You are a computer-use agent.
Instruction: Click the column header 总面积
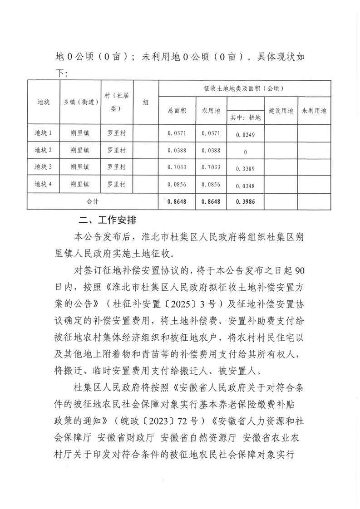tap(176, 111)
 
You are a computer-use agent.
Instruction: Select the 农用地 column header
tap(211, 111)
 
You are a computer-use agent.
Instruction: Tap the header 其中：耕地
tap(245, 118)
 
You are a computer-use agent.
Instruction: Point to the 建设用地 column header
tap(281, 111)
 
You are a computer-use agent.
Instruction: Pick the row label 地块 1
tap(44, 133)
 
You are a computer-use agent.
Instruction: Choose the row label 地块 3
tap(44, 167)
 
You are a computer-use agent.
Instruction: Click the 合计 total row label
tap(93, 200)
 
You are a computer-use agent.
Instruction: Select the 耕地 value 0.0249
tap(245, 135)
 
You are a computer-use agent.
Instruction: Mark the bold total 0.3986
tap(245, 202)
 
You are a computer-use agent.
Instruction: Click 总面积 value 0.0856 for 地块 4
tap(176, 185)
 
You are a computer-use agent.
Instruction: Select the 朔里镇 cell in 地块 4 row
tap(80, 184)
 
